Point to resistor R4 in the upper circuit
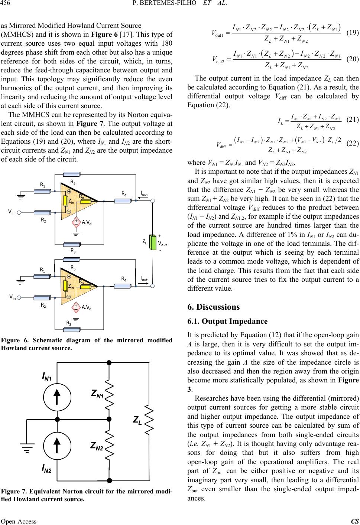124,201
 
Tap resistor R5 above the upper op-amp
72,175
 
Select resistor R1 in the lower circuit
45,277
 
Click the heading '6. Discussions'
213,307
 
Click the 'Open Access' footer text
19,521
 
